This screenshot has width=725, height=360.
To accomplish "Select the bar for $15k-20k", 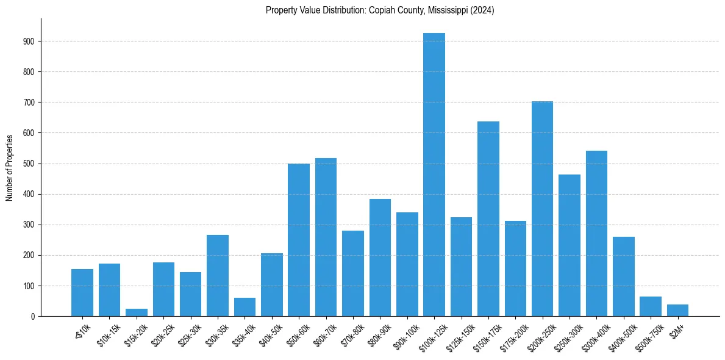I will [137, 312].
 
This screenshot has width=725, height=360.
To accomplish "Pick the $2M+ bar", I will [677, 310].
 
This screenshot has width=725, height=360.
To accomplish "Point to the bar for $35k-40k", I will [245, 307].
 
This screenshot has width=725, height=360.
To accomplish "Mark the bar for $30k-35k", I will [218, 275].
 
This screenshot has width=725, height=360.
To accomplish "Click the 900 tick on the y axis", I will [29, 41].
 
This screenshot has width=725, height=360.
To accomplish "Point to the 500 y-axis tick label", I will [29, 164].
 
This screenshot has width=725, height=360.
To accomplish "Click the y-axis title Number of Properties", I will [10, 167].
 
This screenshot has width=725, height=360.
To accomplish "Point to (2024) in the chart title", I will [482, 10].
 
